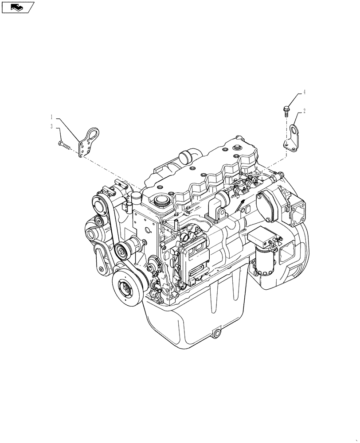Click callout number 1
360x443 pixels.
(x=52, y=117)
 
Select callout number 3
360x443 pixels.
(x=52, y=127)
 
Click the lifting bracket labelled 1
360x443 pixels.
(x=87, y=141)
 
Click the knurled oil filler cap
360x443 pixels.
(x=160, y=202)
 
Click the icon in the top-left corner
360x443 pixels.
(x=17, y=7)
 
